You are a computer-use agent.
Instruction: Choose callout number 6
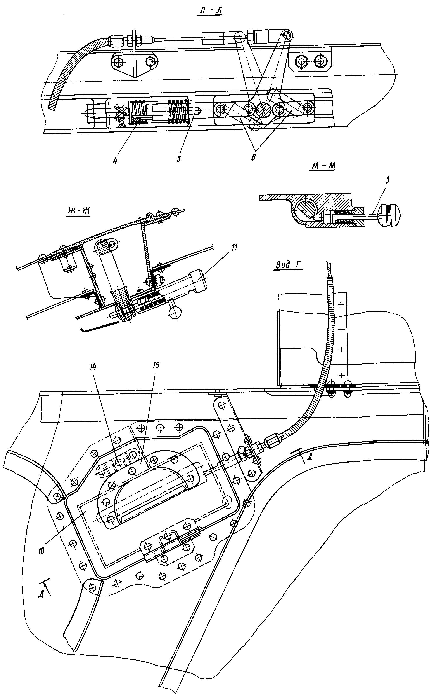252,157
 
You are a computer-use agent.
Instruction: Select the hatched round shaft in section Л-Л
263,110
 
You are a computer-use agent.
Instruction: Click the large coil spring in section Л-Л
178,111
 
